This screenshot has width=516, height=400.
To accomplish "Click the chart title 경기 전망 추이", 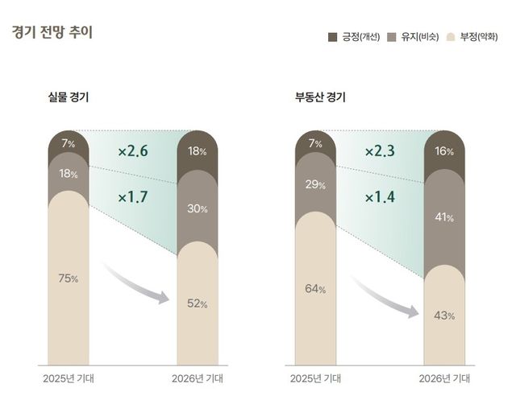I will point(52,34).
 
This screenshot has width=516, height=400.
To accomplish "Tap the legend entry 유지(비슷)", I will point(414,37).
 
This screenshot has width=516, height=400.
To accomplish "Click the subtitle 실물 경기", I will point(69,98).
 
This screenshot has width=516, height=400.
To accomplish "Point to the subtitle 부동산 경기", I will point(320,98).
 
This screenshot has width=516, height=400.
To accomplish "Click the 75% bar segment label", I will point(69,278).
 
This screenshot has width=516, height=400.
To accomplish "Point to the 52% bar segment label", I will point(198,303).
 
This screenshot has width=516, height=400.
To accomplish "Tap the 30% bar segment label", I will point(198,208).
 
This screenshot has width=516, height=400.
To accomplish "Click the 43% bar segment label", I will point(444,315).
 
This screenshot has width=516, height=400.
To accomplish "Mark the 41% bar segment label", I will point(444,218).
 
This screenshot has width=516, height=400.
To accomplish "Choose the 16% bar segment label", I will point(444,151).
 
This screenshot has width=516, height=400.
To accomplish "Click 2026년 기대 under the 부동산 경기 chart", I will point(444,377).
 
